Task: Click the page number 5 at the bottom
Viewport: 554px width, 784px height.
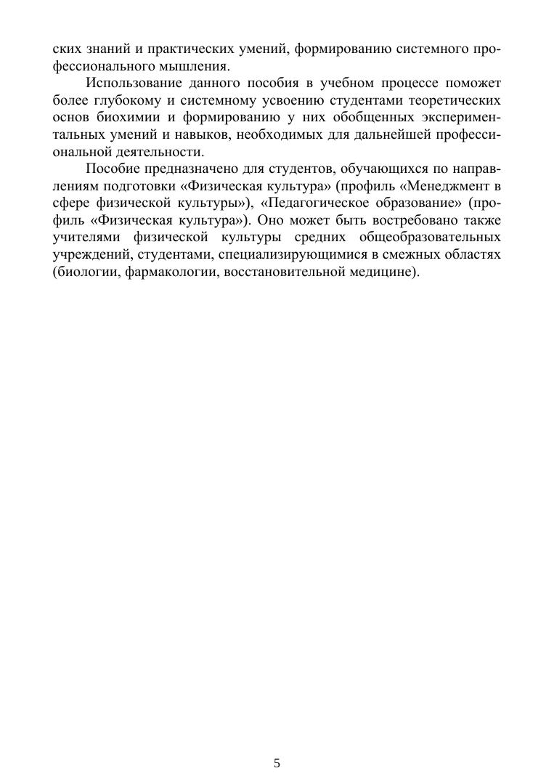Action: point(277,763)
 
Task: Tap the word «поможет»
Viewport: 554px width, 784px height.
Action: point(471,83)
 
